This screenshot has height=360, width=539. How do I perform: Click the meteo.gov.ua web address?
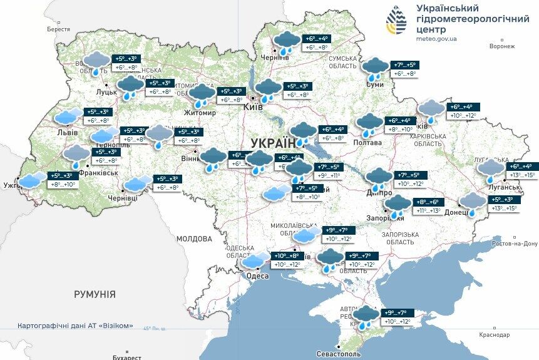[x=436, y=39]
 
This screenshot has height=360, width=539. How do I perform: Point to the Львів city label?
[x=68, y=133]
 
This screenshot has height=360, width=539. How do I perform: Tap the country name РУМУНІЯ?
[x=95, y=294]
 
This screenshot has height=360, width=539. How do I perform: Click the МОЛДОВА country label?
[x=194, y=239]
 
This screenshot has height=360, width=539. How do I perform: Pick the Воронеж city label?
[x=502, y=46]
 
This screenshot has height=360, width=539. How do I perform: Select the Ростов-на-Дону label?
[x=515, y=243]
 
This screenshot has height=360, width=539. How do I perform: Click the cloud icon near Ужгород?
[x=32, y=180]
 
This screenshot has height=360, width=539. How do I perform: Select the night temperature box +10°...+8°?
[x=285, y=255]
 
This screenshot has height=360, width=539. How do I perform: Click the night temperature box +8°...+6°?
[x=426, y=202]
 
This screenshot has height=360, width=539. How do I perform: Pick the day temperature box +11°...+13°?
[x=426, y=212]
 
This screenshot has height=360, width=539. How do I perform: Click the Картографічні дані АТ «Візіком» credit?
[x=75, y=326]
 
